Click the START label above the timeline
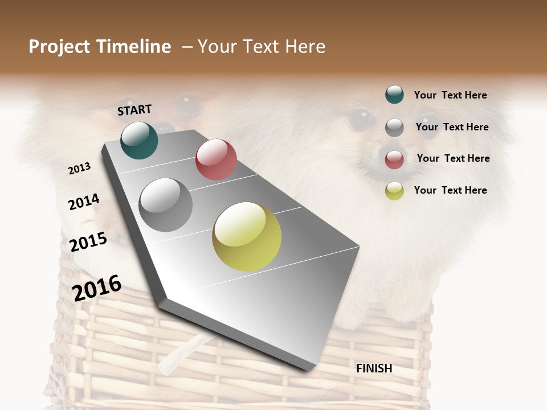(x=134, y=110)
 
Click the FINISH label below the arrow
(x=374, y=368)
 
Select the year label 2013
(x=79, y=169)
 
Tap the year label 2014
(x=84, y=202)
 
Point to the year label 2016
(x=97, y=288)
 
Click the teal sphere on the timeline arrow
(x=139, y=140)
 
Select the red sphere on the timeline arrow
(x=216, y=159)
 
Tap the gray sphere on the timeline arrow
(x=166, y=205)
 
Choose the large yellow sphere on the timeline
(x=247, y=236)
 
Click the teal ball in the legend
(x=394, y=95)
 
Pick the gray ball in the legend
(x=394, y=128)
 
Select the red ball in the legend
(x=394, y=159)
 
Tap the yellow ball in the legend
(x=394, y=191)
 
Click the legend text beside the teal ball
(x=450, y=95)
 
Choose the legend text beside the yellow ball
(x=450, y=190)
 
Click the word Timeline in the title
(x=134, y=47)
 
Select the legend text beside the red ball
(x=453, y=158)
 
